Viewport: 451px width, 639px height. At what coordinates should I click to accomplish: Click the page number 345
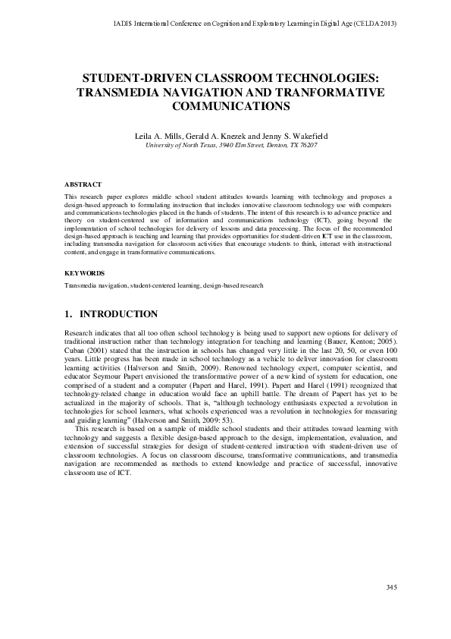pyautogui.click(x=392, y=609)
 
